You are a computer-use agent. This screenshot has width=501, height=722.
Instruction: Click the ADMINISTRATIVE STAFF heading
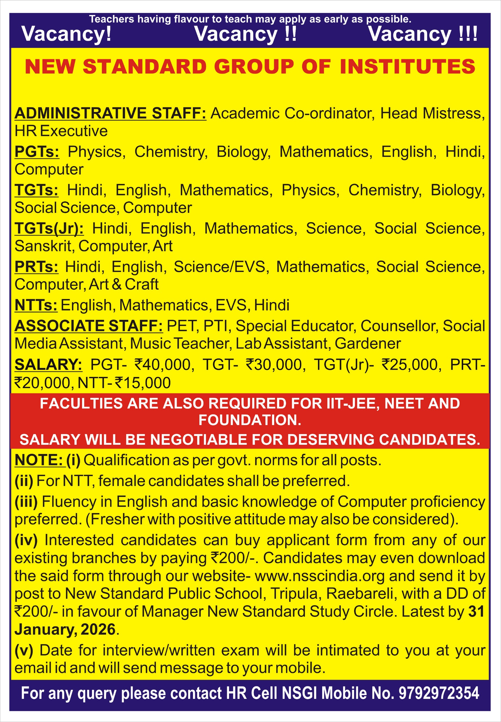click(x=110, y=113)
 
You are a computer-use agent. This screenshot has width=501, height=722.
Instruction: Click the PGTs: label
click(x=37, y=151)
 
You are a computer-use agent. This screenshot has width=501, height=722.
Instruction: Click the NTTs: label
click(x=36, y=305)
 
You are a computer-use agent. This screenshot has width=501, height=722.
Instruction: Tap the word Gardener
click(x=368, y=343)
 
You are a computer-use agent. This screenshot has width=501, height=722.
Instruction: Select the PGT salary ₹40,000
click(x=162, y=365)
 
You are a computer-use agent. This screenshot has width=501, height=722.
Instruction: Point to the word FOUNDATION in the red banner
click(x=250, y=420)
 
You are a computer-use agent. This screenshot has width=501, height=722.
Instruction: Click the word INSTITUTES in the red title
click(x=407, y=67)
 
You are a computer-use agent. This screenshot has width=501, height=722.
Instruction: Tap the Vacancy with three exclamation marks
click(x=423, y=34)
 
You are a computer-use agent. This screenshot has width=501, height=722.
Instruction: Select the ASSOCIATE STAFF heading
click(x=89, y=326)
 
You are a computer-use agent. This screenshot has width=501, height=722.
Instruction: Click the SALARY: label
click(x=48, y=365)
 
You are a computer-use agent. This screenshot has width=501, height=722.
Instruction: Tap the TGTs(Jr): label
click(x=49, y=228)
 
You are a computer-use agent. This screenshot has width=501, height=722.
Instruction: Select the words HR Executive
click(x=61, y=131)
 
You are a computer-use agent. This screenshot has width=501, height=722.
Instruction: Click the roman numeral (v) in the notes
click(x=24, y=650)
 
